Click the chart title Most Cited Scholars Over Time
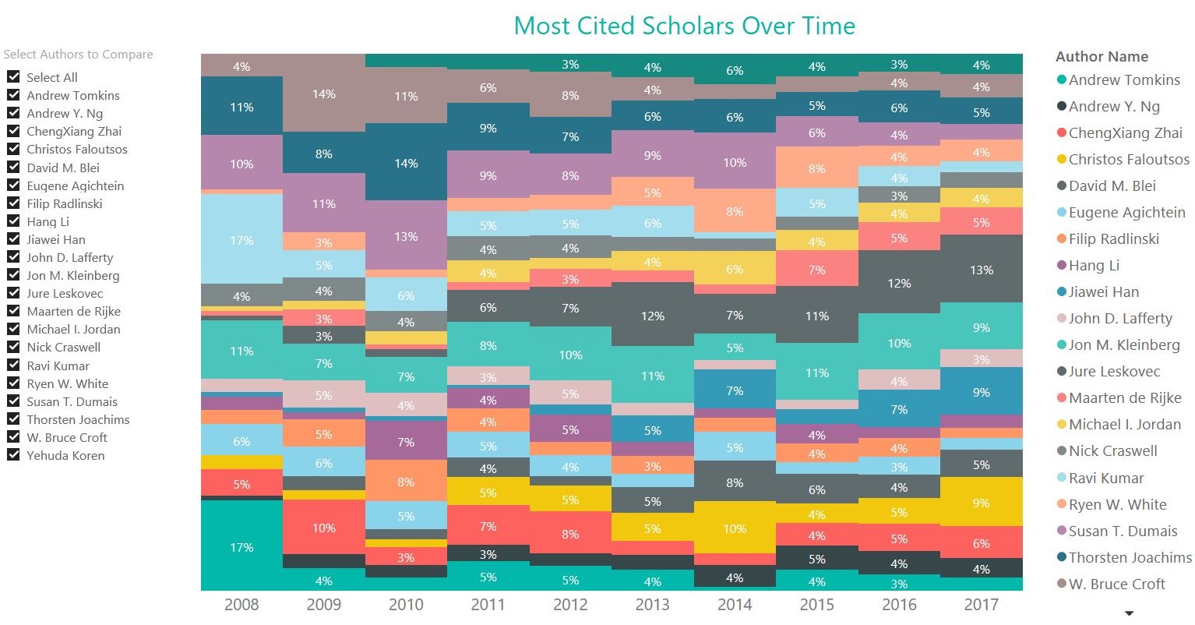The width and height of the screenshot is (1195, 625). coord(684,26)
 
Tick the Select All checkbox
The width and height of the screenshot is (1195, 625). coord(13,76)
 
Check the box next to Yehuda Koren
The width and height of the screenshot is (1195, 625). coord(13,455)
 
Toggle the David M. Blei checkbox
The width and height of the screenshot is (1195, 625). coord(13,167)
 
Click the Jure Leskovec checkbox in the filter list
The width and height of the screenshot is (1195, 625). coord(13,293)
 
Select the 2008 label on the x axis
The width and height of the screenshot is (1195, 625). coord(241,605)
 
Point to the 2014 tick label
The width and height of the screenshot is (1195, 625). coord(735,605)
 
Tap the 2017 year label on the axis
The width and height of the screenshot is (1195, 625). coord(981,605)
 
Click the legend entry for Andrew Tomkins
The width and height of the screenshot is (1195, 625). coord(1123,79)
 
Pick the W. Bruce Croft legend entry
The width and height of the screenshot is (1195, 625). coord(1116,584)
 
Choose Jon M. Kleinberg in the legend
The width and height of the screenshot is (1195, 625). coord(1123,344)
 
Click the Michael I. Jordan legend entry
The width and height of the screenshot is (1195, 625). coord(1124,424)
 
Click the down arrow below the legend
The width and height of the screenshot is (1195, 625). coord(1128,613)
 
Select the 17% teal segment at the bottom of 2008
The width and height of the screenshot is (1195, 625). coord(241,547)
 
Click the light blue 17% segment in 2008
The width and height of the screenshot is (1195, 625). coord(241,239)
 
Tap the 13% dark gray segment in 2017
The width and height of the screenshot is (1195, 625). coord(981,270)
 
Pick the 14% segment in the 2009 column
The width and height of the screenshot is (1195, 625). coord(324,94)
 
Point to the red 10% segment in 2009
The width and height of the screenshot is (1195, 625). coord(324,528)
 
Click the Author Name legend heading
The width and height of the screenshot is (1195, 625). coord(1101,56)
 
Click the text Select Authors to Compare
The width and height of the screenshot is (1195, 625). coord(78,55)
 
